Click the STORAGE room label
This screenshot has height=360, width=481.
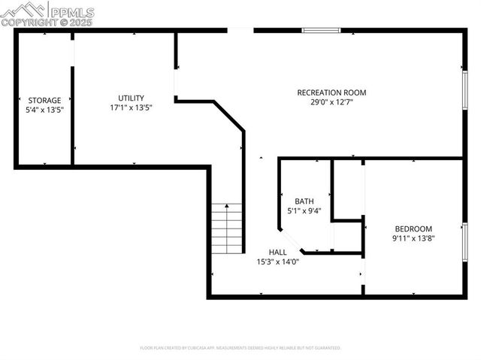coord(44,100)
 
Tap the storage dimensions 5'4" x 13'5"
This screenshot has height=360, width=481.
coord(44,110)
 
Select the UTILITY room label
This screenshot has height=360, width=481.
coord(131,98)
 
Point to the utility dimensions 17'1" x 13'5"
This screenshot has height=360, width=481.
coord(131,107)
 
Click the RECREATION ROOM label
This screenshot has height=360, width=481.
coord(331,92)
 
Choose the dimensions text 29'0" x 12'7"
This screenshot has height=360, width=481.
coord(331,102)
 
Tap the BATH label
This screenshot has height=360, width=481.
coord(304,201)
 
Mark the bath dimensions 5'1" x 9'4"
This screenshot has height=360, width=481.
coord(304,210)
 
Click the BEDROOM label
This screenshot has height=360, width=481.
coord(413,228)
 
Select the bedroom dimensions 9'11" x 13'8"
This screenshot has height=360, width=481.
coord(413,238)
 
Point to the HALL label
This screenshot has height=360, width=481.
coord(278,252)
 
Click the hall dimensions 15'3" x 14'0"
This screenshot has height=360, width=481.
coord(278,262)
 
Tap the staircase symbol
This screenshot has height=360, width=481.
coord(227,228)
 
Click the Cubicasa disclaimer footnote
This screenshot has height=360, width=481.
coord(240,348)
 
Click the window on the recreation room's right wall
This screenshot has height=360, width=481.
coord(464,90)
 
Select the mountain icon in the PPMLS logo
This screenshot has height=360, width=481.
coord(23,10)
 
